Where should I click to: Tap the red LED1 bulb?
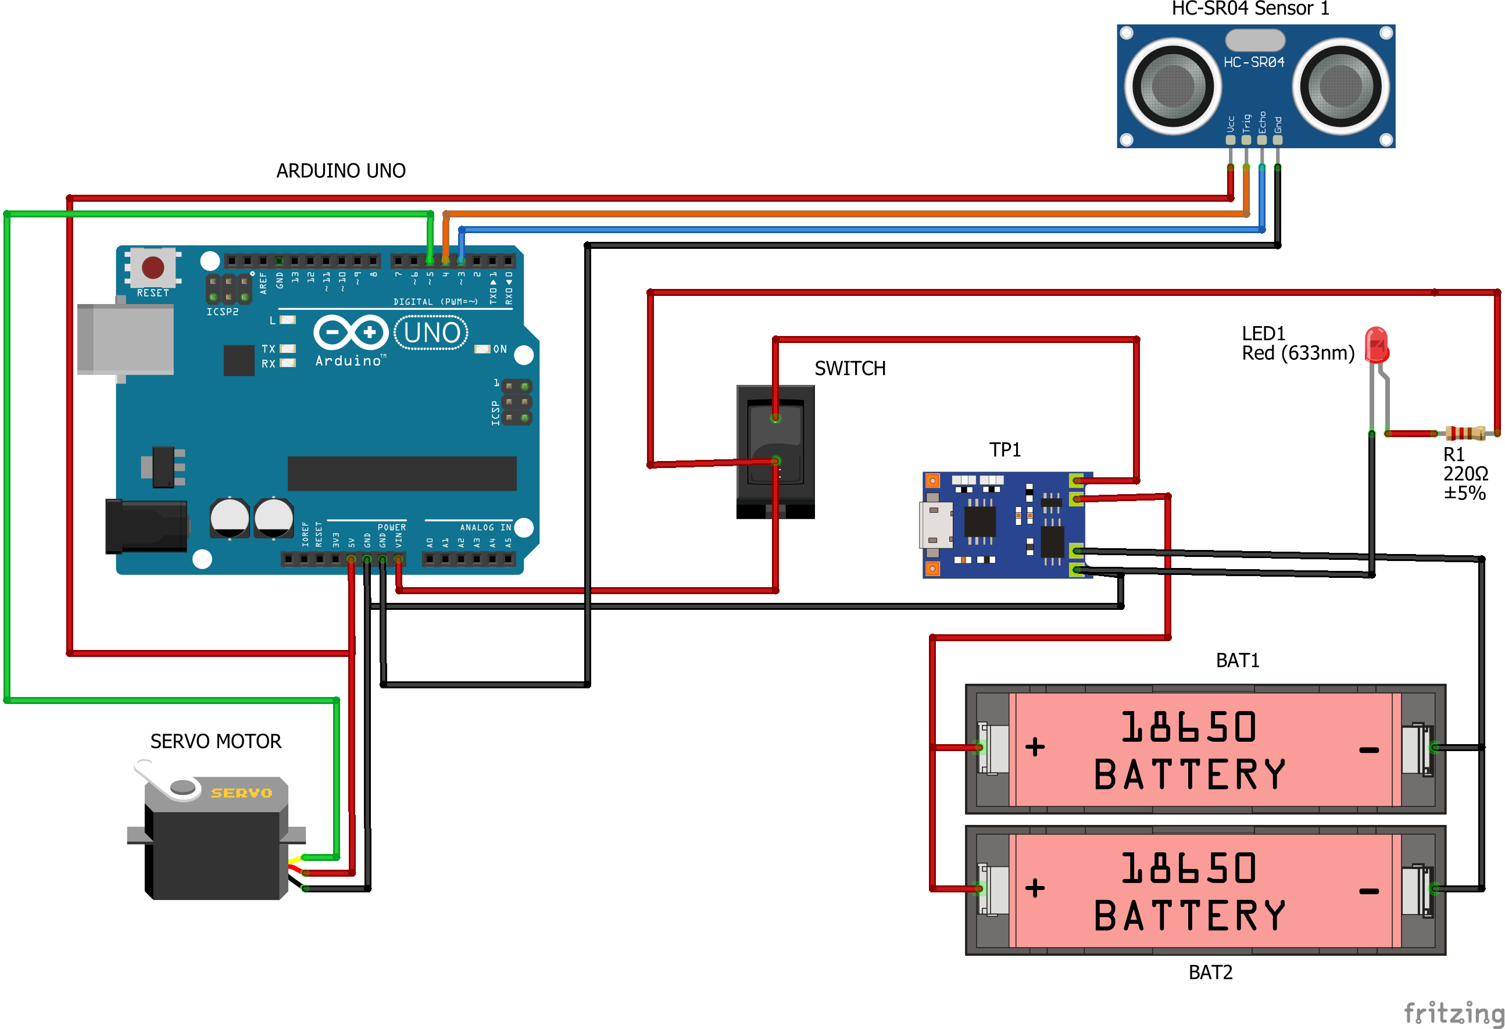[x=1376, y=345]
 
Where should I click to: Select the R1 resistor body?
[x=1465, y=433]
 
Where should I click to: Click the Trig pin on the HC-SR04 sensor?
[x=1246, y=139]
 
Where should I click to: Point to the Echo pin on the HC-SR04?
[x=1261, y=139]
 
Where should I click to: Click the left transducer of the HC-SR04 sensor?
[x=1172, y=85]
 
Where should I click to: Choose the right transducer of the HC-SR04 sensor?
[x=1340, y=85]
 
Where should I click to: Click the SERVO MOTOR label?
[x=216, y=741]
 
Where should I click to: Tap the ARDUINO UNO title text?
[x=341, y=170]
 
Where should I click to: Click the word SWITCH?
[x=850, y=368]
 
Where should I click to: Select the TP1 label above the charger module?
[x=1004, y=449]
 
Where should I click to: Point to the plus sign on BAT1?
[x=1035, y=746]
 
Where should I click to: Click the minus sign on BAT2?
[x=1368, y=891]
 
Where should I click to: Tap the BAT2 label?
[x=1210, y=972]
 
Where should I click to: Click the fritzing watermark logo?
[x=1453, y=1012]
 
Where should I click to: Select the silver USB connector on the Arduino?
[x=125, y=339]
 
